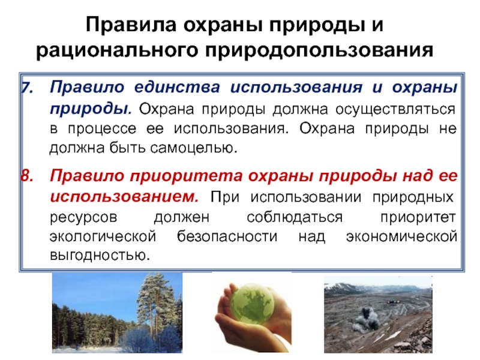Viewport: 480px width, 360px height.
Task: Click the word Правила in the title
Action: [x=131, y=25]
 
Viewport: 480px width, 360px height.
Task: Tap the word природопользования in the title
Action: [x=319, y=50]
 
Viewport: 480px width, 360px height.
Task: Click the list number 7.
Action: [x=27, y=88]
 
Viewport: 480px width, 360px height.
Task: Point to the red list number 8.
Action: [x=27, y=176]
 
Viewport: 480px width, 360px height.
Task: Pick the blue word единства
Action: [x=177, y=88]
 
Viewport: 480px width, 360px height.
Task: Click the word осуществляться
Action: [x=395, y=110]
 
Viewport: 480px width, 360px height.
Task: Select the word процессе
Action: [x=102, y=129]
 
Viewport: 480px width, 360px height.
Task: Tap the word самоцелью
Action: [x=194, y=148]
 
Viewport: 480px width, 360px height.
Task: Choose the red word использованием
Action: [x=124, y=197]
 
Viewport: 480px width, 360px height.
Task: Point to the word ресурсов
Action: [x=83, y=218]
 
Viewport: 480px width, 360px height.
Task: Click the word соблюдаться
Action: [x=295, y=217]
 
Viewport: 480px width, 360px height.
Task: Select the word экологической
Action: [x=103, y=236]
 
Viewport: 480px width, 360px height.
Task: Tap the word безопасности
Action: [x=227, y=236]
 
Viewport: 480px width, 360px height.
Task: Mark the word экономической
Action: [x=401, y=236]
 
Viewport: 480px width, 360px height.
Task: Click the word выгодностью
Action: [x=100, y=255]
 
